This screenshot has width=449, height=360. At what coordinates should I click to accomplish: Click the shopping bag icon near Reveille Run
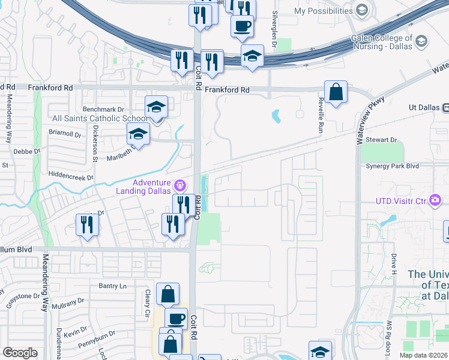tap(336, 92)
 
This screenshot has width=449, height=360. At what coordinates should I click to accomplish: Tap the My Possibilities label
tap(323, 11)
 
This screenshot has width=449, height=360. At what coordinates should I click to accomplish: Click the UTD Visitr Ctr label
tap(402, 201)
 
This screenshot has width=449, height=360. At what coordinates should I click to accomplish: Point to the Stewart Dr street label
tap(385, 140)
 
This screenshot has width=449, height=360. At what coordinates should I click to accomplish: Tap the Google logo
tap(20, 353)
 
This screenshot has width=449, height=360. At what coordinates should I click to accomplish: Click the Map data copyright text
tap(424, 355)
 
